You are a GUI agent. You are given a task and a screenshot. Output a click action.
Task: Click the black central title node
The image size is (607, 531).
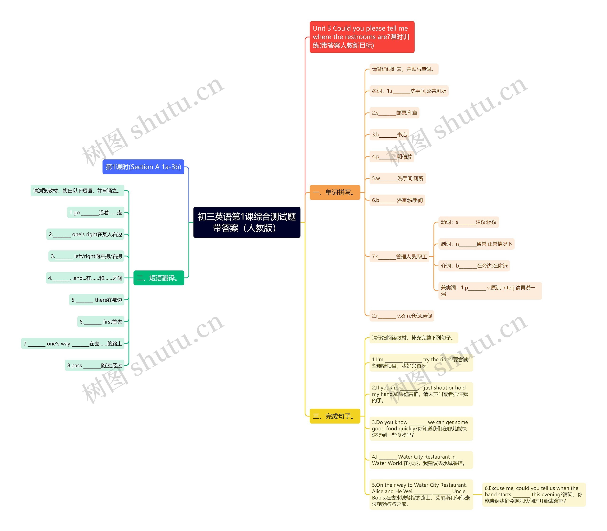[247, 222]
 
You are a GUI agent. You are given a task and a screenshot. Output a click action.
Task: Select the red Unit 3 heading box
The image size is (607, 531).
[362, 37]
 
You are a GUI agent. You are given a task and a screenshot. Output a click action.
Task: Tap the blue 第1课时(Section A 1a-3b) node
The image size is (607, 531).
[143, 167]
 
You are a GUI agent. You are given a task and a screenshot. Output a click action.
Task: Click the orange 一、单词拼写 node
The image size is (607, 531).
[335, 193]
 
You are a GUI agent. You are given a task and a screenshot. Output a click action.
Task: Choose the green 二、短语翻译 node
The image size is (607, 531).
[159, 278]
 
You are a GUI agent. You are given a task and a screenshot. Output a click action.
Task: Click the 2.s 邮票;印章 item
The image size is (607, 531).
[394, 113]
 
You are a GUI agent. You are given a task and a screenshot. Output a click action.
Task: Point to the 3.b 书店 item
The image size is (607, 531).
[389, 135]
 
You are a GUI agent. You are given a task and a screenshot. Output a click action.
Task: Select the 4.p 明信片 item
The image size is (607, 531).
[392, 156]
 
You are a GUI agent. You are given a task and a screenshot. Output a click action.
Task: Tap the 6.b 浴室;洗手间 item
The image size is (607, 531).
[397, 200]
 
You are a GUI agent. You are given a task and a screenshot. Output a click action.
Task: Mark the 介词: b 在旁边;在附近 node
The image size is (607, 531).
[474, 266]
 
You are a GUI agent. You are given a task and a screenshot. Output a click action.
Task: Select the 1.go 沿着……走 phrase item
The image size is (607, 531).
[96, 212]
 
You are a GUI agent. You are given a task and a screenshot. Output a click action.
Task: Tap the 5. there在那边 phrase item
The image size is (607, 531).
[97, 300]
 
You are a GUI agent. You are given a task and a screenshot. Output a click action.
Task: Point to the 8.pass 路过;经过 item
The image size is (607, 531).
[94, 365]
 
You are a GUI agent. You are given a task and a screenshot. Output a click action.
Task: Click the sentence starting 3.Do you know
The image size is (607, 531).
[421, 429]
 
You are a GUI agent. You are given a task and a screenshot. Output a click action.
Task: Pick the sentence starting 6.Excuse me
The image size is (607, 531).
[533, 494]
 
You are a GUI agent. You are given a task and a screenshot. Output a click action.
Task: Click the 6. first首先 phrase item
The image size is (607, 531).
[101, 322]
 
